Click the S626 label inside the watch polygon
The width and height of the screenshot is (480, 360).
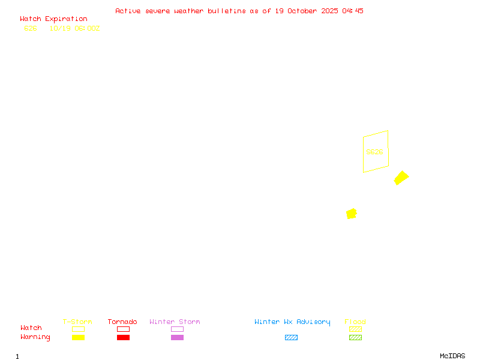point(374,152)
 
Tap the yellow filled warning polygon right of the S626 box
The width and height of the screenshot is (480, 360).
point(401,178)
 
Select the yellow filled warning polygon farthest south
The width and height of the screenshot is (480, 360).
point(352,214)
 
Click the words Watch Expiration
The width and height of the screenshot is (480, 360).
point(53,19)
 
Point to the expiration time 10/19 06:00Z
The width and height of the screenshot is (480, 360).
point(74,28)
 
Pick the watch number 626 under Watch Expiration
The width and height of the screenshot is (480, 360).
point(31,28)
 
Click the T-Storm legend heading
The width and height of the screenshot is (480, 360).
point(77,322)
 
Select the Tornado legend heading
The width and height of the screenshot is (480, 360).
point(122,322)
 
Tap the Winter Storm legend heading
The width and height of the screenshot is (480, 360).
point(175,322)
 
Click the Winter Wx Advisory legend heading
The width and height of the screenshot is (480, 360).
point(292,322)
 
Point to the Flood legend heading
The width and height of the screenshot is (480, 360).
point(355,322)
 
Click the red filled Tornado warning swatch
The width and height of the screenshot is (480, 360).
point(123,338)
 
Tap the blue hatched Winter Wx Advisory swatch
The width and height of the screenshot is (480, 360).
point(291,338)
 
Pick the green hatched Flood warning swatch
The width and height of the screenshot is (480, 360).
point(355,338)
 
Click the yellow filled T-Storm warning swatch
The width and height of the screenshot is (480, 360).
point(78,338)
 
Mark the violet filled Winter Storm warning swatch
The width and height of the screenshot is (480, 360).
point(177,338)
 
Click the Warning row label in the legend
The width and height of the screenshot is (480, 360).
point(35,337)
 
